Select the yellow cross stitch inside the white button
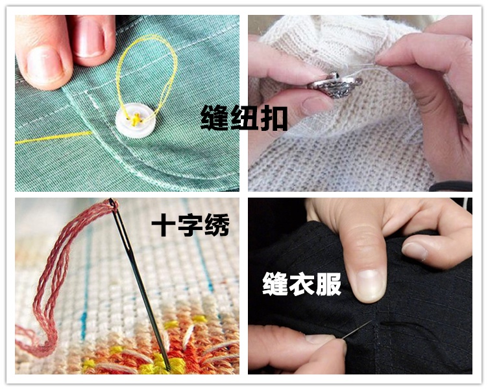tap(135, 119)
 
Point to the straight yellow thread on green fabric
tap(52, 137)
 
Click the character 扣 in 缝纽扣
tap(273, 118)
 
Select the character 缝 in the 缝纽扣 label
tap(215, 118)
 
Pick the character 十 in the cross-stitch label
tap(162, 225)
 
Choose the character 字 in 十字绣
tap(188, 225)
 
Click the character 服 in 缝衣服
tap(328, 284)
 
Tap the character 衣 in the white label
tap(302, 284)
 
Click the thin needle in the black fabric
tap(356, 330)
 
